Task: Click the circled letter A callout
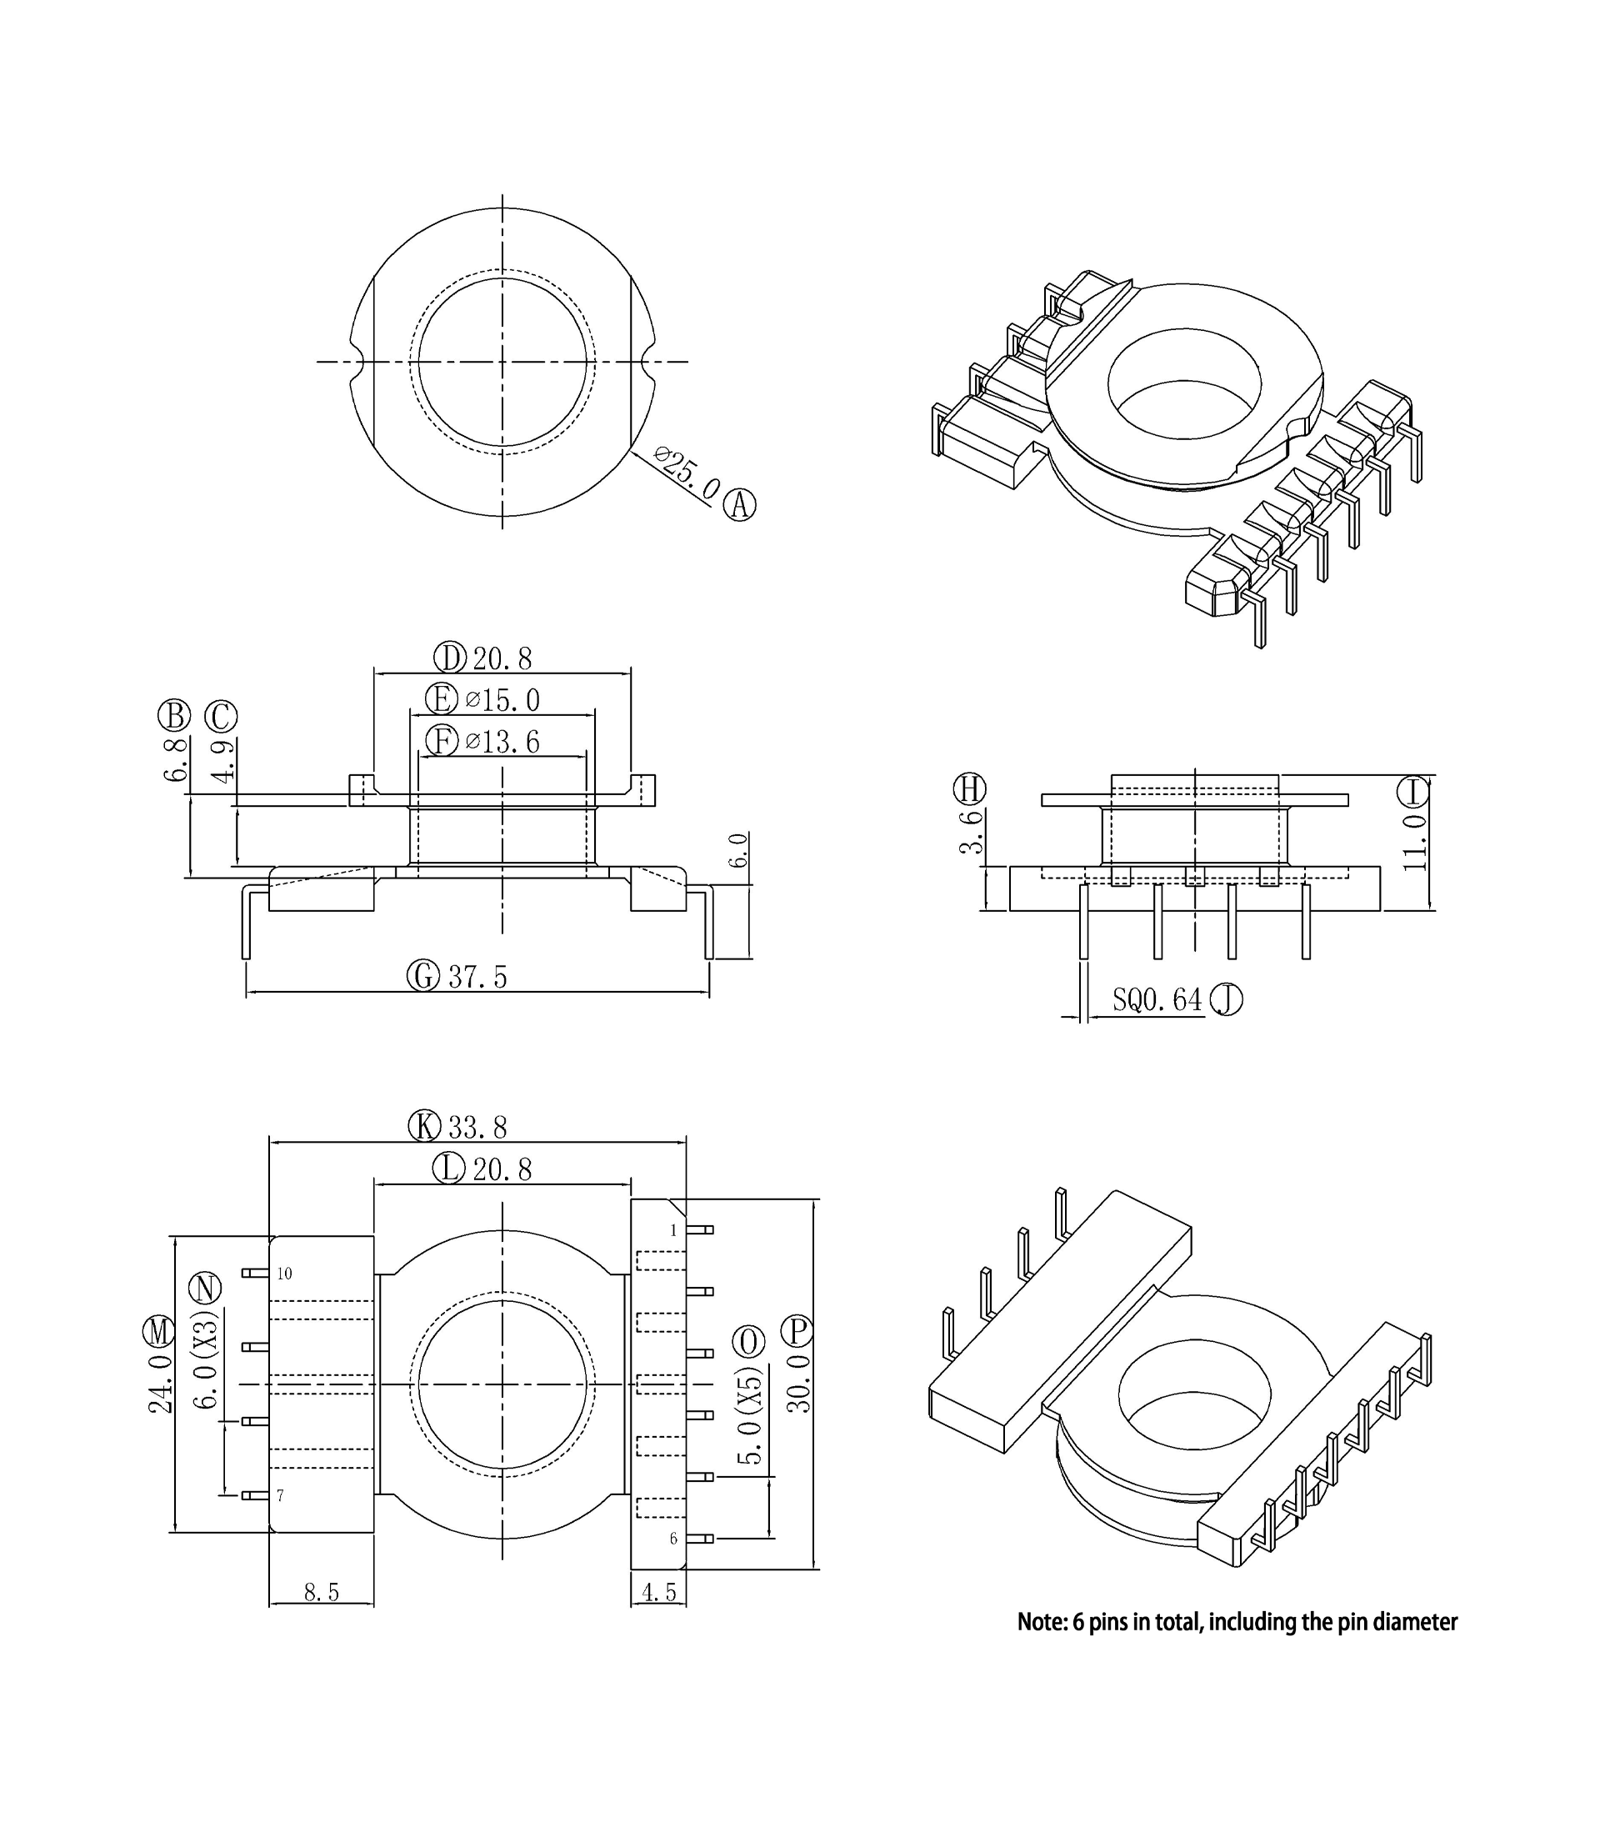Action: tap(739, 505)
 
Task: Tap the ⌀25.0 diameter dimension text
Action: tap(687, 474)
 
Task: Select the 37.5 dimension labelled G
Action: tap(477, 977)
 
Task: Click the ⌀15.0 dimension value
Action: tap(502, 700)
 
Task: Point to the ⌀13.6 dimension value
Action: tap(502, 742)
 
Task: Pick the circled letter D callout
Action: tap(450, 658)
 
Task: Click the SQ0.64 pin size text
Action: tap(1157, 1000)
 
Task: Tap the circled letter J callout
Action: tap(1226, 1001)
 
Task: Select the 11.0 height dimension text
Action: tap(1414, 842)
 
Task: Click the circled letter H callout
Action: tap(970, 789)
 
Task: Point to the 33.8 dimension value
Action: tap(477, 1129)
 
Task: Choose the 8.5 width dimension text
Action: tap(322, 1593)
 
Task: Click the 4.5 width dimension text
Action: tap(659, 1593)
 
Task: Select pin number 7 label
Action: tap(280, 1495)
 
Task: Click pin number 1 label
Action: tap(673, 1231)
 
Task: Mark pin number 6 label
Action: tap(673, 1539)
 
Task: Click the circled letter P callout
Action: tap(797, 1332)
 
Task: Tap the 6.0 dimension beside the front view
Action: tap(738, 850)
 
